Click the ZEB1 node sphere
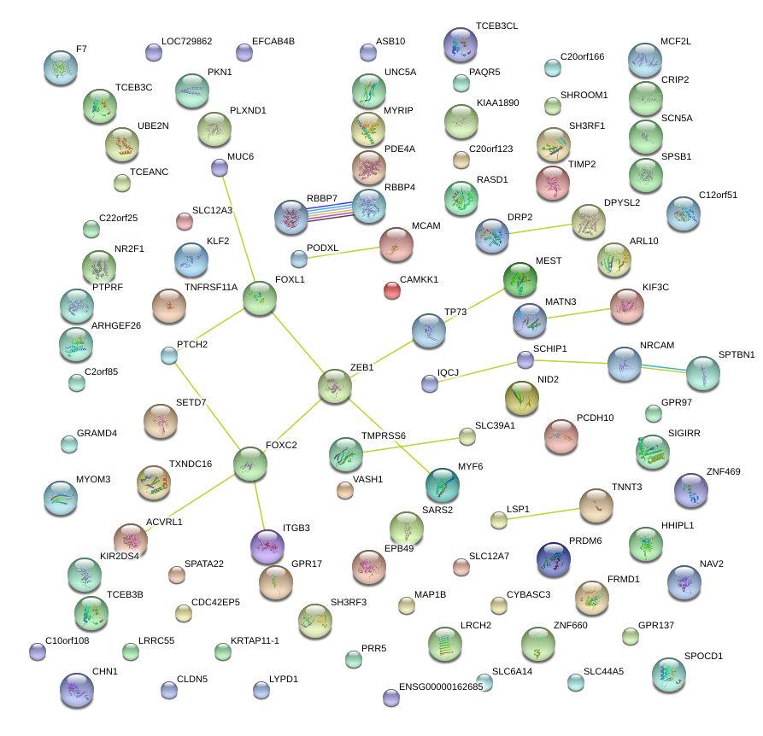coord(334,386)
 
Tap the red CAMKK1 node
coord(392,291)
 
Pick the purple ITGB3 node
coord(267,546)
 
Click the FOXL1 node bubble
coord(259,298)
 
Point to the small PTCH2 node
coord(168,355)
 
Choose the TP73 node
coord(428,330)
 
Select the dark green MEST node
coord(519,279)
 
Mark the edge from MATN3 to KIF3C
coord(577,313)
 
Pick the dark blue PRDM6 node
coord(554,558)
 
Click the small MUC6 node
coord(220,167)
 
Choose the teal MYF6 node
coord(442,484)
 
